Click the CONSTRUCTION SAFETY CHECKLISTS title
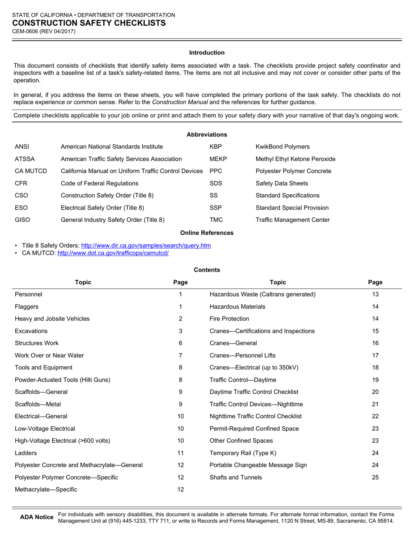click(88, 23)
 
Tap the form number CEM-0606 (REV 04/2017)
click(44, 31)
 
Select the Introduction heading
click(207, 52)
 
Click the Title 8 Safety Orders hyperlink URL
click(146, 245)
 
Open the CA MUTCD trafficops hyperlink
click(113, 253)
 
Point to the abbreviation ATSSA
click(25, 159)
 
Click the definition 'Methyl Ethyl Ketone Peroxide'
click(295, 159)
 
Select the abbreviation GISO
click(23, 220)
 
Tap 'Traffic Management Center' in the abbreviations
click(292, 220)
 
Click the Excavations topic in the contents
click(31, 331)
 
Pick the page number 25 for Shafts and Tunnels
click(375, 477)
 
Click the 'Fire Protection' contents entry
click(229, 319)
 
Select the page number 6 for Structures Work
click(180, 343)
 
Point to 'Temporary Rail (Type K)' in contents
click(243, 453)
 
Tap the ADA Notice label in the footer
click(37, 517)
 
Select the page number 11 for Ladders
click(180, 453)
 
